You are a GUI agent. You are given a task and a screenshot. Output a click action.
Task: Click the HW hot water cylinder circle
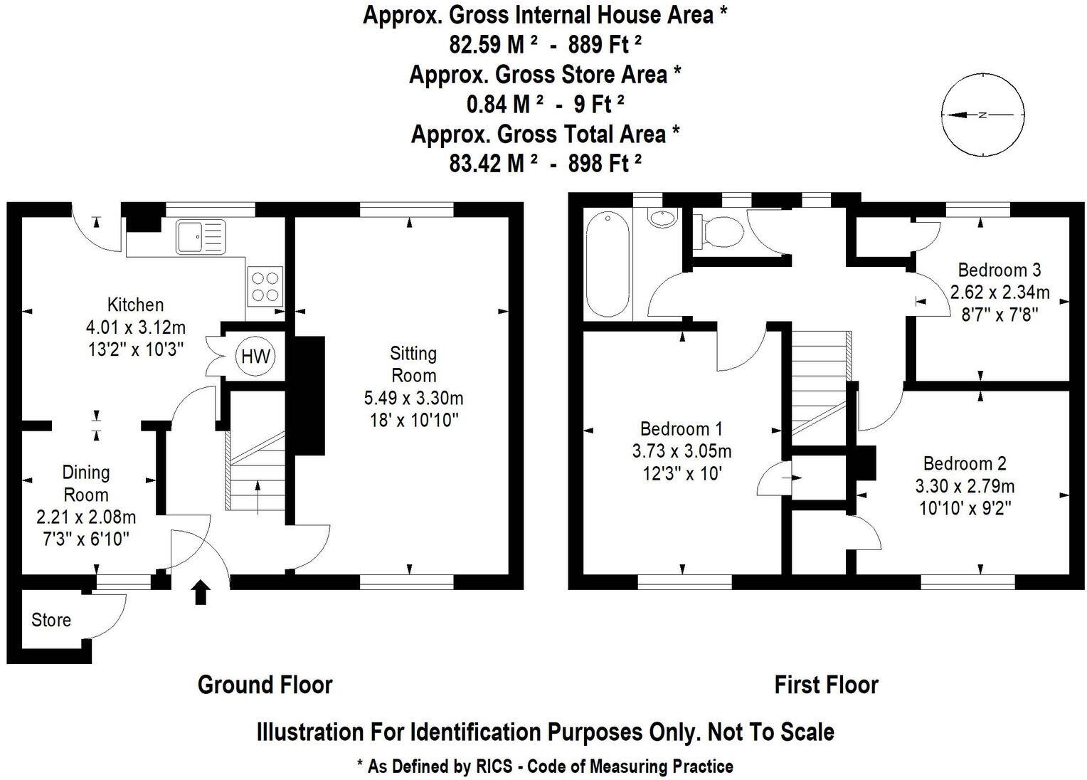pyautogui.click(x=255, y=357)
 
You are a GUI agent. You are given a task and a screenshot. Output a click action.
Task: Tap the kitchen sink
pyautogui.click(x=201, y=236)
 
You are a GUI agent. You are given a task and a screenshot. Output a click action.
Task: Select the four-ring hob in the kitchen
pyautogui.click(x=265, y=285)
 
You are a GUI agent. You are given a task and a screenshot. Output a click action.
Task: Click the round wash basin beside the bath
pyautogui.click(x=663, y=218)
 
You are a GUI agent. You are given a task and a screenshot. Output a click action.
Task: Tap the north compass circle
pyautogui.click(x=982, y=115)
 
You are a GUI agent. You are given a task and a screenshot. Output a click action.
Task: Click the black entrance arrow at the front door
pyautogui.click(x=201, y=591)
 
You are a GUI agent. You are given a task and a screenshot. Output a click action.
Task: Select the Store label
pyautogui.click(x=51, y=620)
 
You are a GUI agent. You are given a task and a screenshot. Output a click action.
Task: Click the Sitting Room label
pyautogui.click(x=413, y=364)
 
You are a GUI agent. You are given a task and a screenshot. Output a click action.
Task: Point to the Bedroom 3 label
pyautogui.click(x=999, y=270)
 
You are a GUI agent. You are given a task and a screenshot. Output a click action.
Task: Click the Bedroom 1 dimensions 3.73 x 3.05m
pyautogui.click(x=681, y=451)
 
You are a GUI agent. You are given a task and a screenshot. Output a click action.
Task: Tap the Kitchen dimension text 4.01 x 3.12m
pyautogui.click(x=135, y=327)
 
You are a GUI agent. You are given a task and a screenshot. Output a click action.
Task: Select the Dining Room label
pyautogui.click(x=86, y=483)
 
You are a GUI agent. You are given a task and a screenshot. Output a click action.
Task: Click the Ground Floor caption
pyautogui.click(x=265, y=685)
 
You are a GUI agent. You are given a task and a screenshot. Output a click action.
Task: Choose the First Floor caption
pyautogui.click(x=826, y=685)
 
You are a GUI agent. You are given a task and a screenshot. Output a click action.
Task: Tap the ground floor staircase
pyautogui.click(x=256, y=470)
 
